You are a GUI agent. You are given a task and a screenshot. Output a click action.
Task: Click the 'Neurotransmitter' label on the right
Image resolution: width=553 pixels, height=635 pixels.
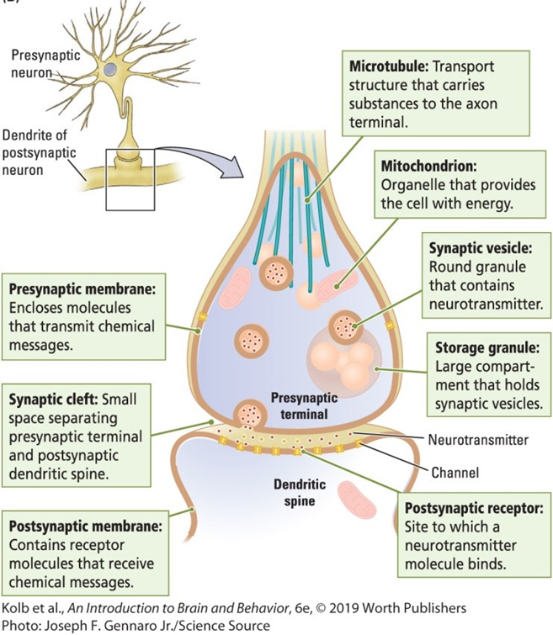point(478,439)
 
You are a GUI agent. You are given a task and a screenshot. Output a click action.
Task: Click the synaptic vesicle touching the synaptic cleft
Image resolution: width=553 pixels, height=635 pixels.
point(252,413)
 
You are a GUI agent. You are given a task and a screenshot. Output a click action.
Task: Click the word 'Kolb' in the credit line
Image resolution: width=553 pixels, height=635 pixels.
point(17,609)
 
